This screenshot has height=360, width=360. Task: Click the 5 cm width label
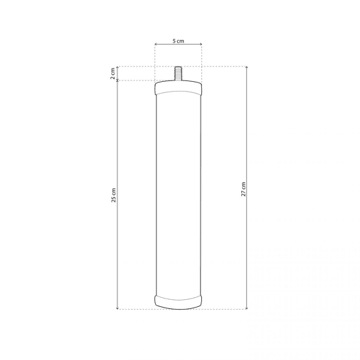(178, 41)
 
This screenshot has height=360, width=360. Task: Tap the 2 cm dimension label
(113, 73)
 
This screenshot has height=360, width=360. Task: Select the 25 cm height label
(113, 195)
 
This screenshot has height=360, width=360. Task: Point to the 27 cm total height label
(243, 189)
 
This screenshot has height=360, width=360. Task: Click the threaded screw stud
(178, 73)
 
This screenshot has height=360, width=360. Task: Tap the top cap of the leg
(178, 88)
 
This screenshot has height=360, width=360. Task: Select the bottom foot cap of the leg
(178, 302)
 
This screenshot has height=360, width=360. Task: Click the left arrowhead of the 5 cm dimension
(156, 44)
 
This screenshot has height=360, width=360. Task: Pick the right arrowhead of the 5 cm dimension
(201, 44)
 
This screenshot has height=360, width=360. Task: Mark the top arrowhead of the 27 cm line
(247, 68)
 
